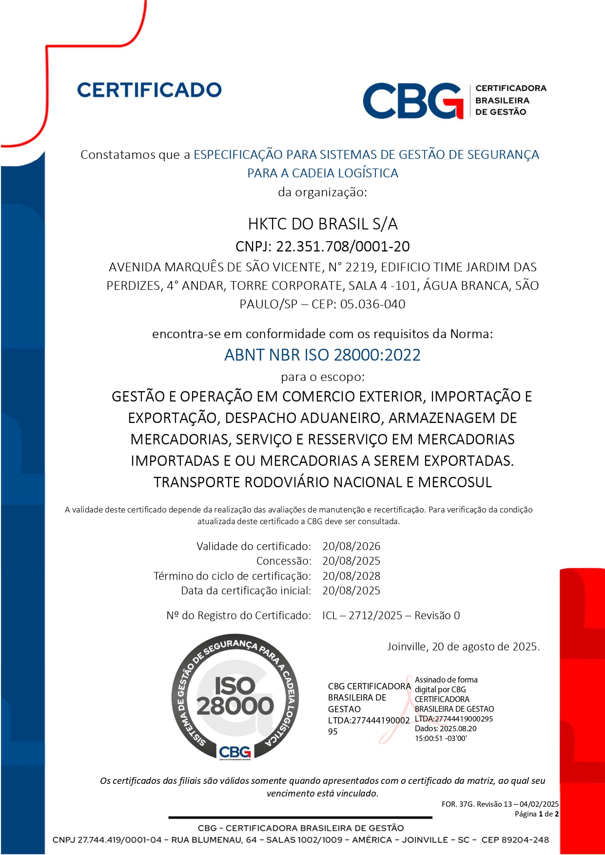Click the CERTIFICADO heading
pos(149,90)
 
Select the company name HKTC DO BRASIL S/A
pos(323,224)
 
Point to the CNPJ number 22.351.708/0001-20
pos(343,247)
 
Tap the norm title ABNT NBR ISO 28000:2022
pos(322,355)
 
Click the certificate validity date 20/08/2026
pos(351,546)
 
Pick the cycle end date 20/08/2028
pos(351,576)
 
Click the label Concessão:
pos(284,561)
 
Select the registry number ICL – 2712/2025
pos(362,615)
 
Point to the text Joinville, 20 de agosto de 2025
pos(463,646)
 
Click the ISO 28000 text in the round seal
pos(235,696)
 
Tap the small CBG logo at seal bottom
pos(235,752)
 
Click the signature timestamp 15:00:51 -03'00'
pos(441,738)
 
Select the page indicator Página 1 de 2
pos(537,814)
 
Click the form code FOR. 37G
pos(458,804)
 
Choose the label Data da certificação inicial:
pos(246,590)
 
